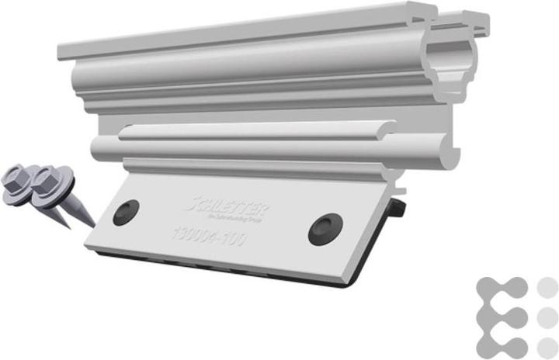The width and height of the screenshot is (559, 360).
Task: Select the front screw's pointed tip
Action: pos(92,226)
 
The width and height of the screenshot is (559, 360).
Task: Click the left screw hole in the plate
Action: pos(126,212)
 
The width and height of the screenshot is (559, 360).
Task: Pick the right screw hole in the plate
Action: pos(324,229)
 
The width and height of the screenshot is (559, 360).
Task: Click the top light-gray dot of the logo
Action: pos(547,286)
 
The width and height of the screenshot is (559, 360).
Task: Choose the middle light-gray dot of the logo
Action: pos(547,317)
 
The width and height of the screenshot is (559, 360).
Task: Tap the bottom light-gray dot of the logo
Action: pos(547,347)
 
